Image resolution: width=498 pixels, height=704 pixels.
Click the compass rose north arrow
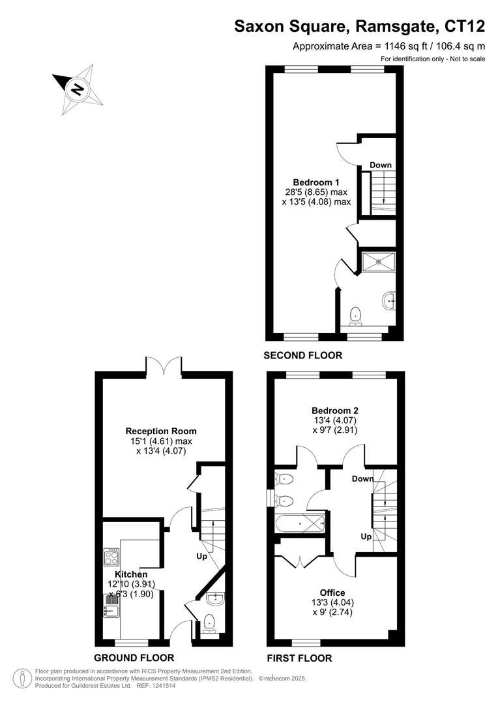[x=78, y=89]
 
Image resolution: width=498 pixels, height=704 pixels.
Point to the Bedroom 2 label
[x=334, y=411]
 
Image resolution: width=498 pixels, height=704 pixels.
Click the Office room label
[x=332, y=593]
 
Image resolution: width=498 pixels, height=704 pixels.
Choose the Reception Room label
[x=161, y=431]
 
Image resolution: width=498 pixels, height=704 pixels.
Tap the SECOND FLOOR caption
[x=302, y=355]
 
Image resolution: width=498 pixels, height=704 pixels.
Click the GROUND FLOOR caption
[x=134, y=658]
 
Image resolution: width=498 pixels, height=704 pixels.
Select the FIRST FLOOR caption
[x=299, y=658]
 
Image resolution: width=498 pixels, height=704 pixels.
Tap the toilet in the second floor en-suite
[x=356, y=316]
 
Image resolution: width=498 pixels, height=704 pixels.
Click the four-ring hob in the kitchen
[x=111, y=556]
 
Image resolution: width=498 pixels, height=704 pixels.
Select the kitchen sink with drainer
[x=111, y=605]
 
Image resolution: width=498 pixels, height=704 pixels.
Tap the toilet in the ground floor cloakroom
[x=209, y=624]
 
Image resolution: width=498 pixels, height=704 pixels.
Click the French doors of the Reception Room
[x=164, y=366]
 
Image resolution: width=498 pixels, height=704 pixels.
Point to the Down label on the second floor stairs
[x=381, y=165]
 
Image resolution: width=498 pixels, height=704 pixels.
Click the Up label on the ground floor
[x=203, y=557]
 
